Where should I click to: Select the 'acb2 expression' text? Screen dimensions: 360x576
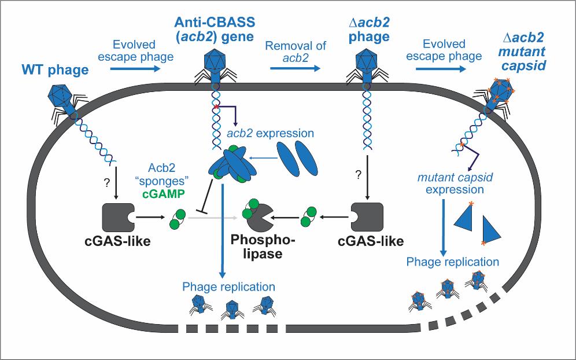(x=271, y=134)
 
